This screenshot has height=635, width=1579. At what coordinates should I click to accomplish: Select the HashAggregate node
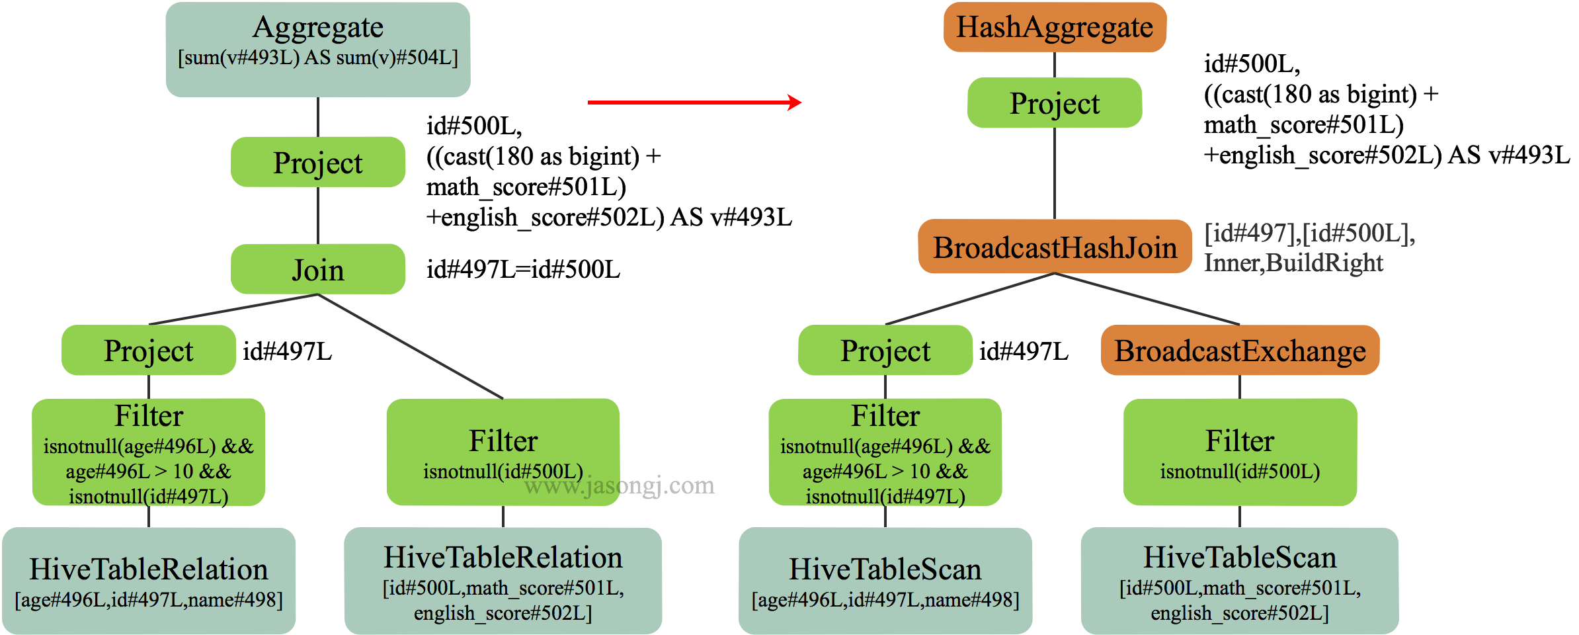1055,27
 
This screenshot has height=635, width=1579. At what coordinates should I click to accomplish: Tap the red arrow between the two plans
694,103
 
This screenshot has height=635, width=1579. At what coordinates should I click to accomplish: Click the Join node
318,269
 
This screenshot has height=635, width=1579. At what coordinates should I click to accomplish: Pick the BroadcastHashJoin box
1055,247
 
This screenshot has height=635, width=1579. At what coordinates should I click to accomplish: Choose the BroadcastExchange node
1240,350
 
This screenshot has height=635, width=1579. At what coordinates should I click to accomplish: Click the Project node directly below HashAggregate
1055,103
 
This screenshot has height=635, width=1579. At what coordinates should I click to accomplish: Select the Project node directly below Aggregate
318,162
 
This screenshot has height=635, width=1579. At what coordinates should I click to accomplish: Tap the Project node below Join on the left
149,350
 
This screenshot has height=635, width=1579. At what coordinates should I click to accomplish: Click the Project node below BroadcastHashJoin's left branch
885,350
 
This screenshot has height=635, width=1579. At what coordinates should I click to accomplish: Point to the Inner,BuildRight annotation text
1293,263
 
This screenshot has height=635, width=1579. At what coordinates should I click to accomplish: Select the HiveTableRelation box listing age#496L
149,580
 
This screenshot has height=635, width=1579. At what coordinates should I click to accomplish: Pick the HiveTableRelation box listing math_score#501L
503,580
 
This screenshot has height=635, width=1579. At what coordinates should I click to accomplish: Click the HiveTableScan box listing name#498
885,580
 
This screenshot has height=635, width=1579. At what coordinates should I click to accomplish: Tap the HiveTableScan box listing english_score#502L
1240,580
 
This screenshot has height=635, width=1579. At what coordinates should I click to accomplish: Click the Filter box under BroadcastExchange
1240,451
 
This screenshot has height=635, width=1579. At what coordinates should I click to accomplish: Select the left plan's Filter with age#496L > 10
149,451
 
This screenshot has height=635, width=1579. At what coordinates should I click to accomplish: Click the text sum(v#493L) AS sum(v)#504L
318,58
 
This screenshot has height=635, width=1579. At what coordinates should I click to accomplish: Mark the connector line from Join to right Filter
411,347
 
